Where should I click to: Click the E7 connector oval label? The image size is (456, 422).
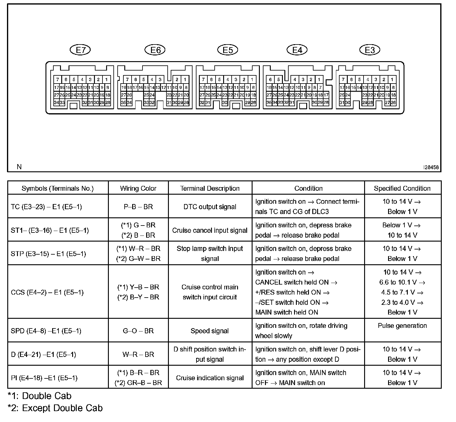[80, 50]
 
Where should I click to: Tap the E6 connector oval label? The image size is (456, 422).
[155, 50]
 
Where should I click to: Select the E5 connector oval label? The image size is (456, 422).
[228, 50]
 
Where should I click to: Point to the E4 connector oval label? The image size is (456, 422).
[297, 50]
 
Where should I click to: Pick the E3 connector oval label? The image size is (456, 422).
[370, 50]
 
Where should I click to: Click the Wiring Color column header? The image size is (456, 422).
[138, 188]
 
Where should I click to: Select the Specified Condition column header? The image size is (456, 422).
[402, 188]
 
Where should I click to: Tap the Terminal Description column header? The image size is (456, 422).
[210, 188]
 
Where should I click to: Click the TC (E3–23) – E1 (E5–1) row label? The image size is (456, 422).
[46, 207]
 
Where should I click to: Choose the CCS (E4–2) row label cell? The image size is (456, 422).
[47, 292]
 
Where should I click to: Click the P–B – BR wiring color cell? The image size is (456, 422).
[138, 207]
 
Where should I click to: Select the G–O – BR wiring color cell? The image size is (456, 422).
[138, 331]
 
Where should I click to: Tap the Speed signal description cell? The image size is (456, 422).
[210, 331]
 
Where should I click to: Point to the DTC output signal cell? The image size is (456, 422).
[210, 207]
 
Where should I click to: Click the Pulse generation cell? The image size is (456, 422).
[402, 326]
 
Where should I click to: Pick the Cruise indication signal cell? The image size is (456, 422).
[210, 378]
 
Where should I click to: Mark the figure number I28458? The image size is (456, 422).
[431, 167]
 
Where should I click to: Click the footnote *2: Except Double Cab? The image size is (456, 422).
[55, 408]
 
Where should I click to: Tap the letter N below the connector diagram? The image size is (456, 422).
[19, 167]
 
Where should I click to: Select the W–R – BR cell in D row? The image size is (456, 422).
[138, 354]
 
